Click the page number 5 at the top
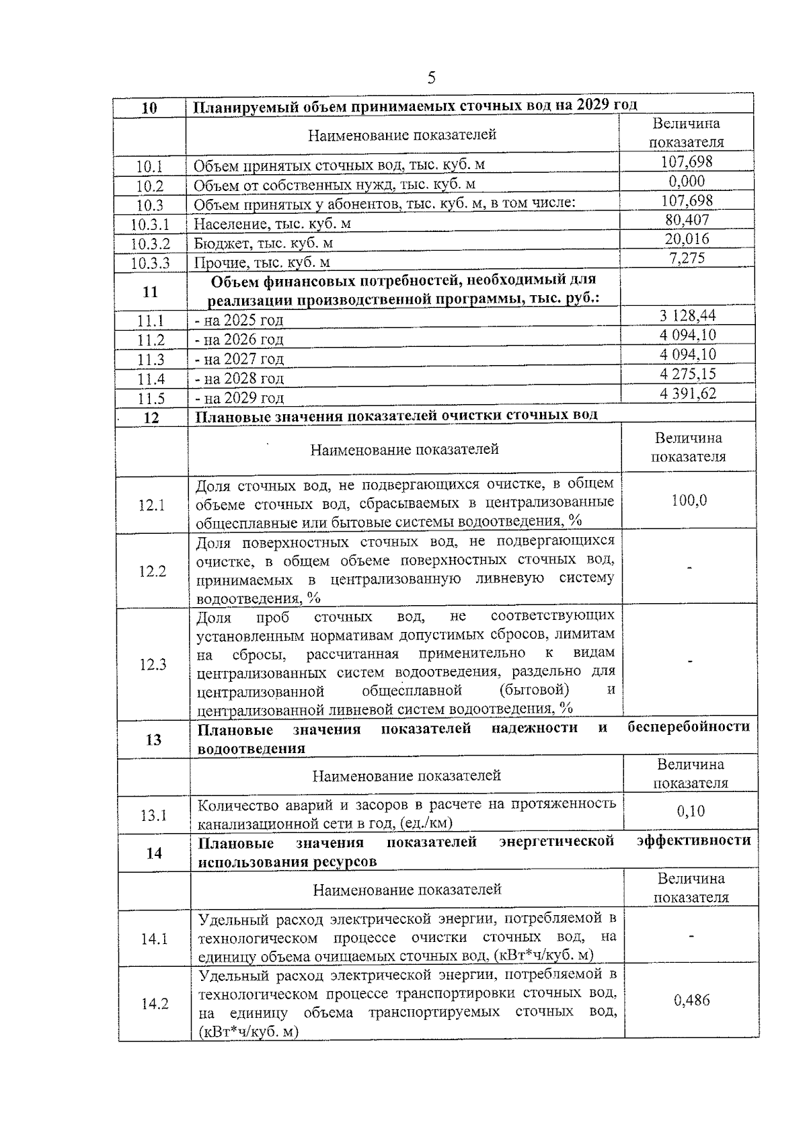431,78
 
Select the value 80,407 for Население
686,219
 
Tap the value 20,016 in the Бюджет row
686,239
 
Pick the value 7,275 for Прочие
686,258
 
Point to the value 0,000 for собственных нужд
686,181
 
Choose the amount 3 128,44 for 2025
687,315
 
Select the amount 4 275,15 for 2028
687,374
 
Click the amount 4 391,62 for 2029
687,393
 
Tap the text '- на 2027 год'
239,359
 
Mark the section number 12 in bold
152,418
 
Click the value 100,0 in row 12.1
689,500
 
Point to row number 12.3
153,665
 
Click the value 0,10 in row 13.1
691,812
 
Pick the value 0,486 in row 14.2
691,1000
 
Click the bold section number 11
151,292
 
